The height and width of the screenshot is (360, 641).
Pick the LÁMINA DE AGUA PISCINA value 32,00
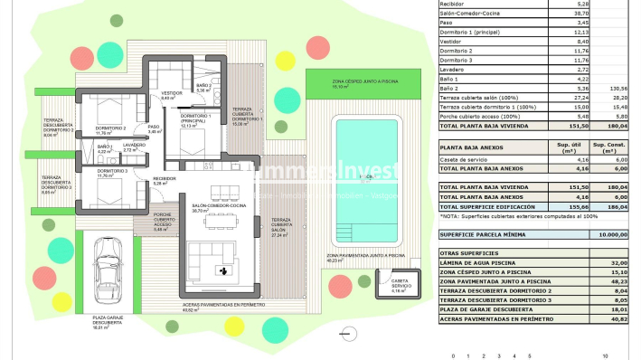tap(616, 263)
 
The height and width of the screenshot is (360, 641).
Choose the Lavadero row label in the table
tap(455, 68)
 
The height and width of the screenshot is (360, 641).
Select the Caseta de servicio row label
tap(467, 159)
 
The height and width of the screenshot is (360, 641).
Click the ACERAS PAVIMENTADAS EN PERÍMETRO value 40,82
tap(616, 318)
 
